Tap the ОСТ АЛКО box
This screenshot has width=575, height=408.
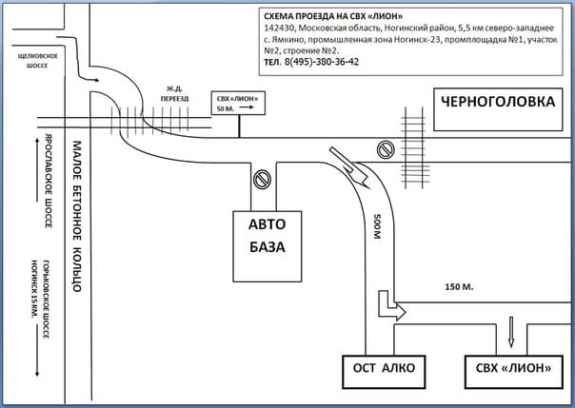[x=379, y=368]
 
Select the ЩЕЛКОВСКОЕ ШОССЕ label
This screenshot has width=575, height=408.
[x=39, y=61]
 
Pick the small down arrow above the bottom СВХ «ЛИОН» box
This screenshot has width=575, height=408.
[x=513, y=333]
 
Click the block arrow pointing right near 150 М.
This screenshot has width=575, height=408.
[x=391, y=307]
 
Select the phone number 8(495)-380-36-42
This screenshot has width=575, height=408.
[x=320, y=62]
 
